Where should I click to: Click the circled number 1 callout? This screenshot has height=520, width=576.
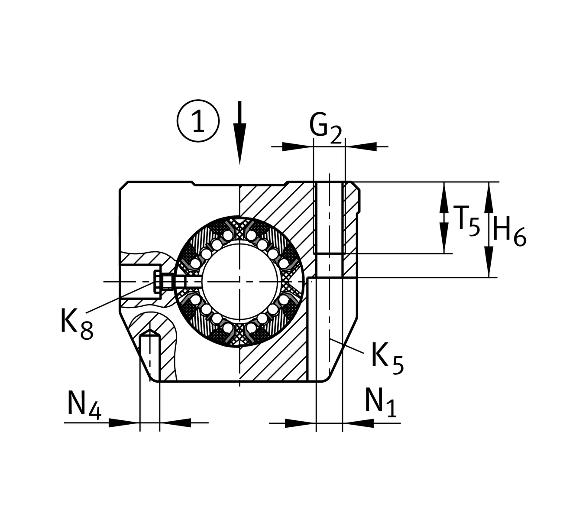pyautogui.click(x=198, y=121)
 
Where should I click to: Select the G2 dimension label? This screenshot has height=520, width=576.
pyautogui.click(x=325, y=127)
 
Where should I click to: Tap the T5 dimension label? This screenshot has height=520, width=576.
pyautogui.click(x=466, y=221)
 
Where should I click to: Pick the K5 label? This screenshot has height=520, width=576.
pyautogui.click(x=387, y=357)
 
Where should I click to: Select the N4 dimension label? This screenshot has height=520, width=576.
pyautogui.click(x=84, y=405)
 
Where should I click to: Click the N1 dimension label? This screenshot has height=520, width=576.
pyautogui.click(x=380, y=402)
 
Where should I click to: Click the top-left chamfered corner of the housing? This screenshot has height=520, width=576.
pyautogui.click(x=123, y=185)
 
